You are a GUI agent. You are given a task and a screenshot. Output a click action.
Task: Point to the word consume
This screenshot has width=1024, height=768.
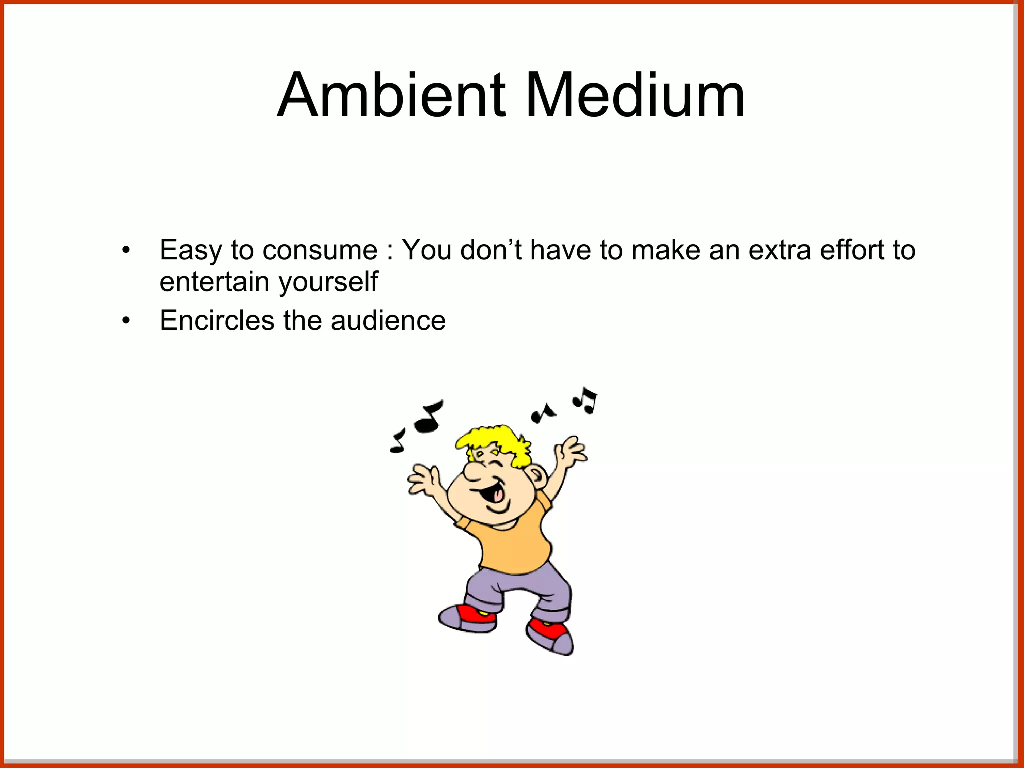(320, 251)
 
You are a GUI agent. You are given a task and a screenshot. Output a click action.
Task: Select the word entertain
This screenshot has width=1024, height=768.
(215, 282)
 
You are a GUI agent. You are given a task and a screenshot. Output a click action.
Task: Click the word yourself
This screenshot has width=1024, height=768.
(328, 283)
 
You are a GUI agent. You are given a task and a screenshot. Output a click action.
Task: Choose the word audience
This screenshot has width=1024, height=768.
(388, 320)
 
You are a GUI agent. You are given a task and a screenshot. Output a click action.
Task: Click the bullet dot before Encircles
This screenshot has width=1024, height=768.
(126, 321)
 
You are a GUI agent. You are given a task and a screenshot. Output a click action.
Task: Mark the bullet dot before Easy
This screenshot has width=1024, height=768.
(126, 250)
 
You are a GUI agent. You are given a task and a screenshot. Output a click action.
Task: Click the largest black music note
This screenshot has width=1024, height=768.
(428, 417)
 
